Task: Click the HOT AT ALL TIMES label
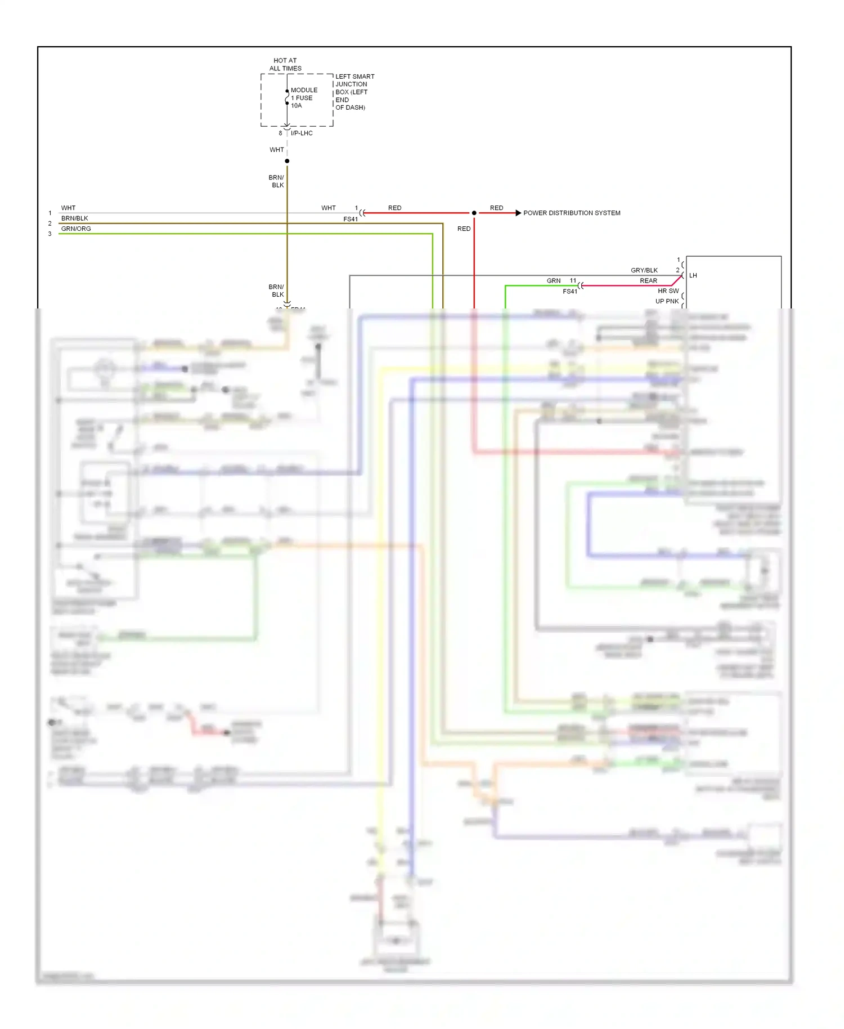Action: pyautogui.click(x=285, y=64)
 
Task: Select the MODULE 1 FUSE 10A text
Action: pyautogui.click(x=304, y=98)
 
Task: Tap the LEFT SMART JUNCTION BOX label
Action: pyautogui.click(x=354, y=92)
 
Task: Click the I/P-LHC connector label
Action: pyautogui.click(x=302, y=133)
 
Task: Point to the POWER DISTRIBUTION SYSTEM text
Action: pyautogui.click(x=572, y=213)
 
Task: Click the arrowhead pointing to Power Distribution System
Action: pyautogui.click(x=518, y=213)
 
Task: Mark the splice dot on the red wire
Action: pyautogui.click(x=474, y=213)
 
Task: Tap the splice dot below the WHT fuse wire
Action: pyautogui.click(x=287, y=161)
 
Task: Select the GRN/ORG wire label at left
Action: pyautogui.click(x=76, y=229)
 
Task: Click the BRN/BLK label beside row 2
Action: pyautogui.click(x=74, y=218)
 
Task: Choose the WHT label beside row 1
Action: pyautogui.click(x=68, y=208)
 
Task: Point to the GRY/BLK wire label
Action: pyautogui.click(x=644, y=270)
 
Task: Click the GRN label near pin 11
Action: pyautogui.click(x=554, y=280)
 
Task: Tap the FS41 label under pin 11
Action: pyautogui.click(x=569, y=292)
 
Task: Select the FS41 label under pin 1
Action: pyautogui.click(x=350, y=219)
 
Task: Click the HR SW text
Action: pyautogui.click(x=668, y=291)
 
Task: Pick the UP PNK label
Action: pyautogui.click(x=667, y=301)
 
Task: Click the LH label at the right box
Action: pyautogui.click(x=693, y=275)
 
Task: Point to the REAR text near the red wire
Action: pyautogui.click(x=648, y=280)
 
